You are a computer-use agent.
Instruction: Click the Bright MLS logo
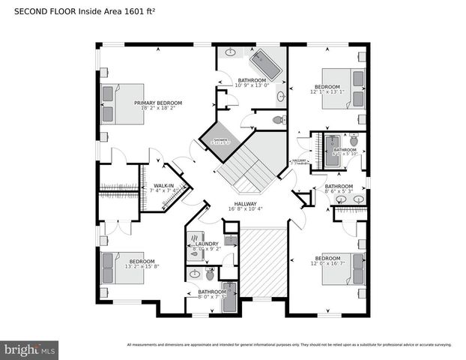click(30, 349)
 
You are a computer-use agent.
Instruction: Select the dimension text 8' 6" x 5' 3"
click(338, 191)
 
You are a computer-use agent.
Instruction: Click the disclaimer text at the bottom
click(288, 345)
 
